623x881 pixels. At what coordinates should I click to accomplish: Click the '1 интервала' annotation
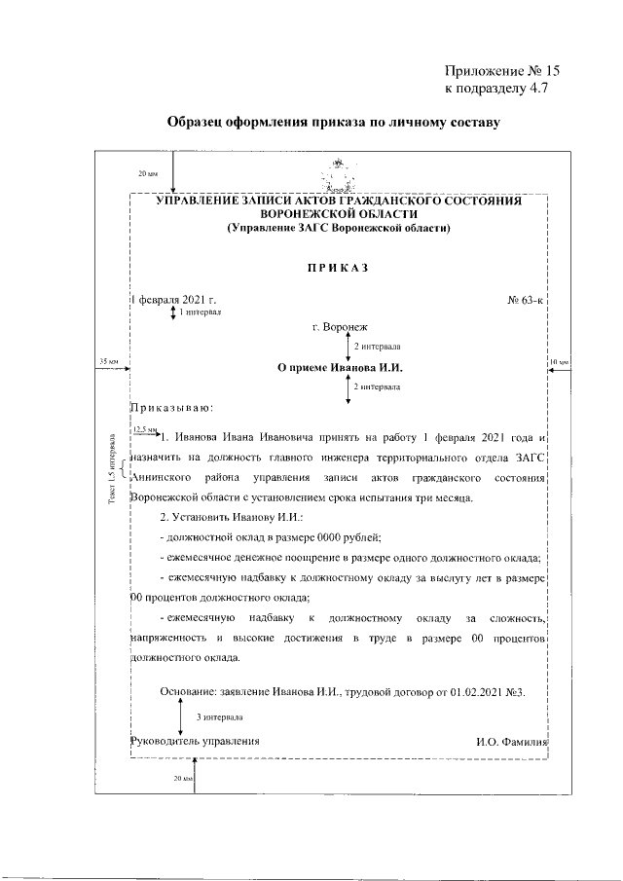[201, 312]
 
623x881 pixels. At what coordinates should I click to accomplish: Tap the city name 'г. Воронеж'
[340, 328]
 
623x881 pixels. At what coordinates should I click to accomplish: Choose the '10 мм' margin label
[561, 362]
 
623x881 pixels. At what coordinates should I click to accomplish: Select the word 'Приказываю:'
[171, 407]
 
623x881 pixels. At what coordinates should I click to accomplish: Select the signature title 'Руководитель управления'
[195, 741]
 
